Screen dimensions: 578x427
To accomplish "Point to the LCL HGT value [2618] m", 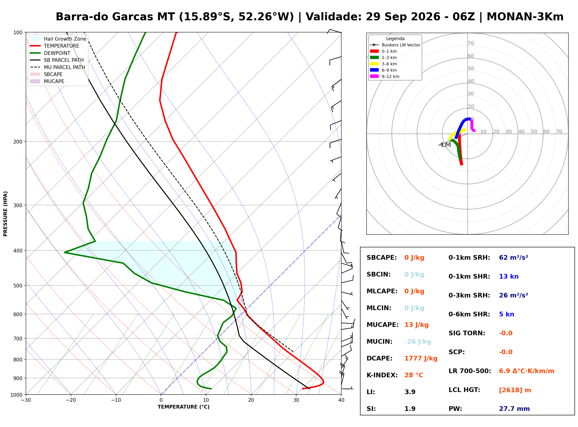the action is click(515, 390).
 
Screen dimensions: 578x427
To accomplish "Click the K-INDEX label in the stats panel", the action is click(382, 375).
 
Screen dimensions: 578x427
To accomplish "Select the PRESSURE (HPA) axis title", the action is click(5, 214).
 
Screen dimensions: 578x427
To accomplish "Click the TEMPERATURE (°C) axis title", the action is click(183, 407).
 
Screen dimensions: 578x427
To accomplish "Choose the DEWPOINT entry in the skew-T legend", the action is click(57, 53).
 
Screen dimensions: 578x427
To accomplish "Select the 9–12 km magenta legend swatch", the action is click(374, 76).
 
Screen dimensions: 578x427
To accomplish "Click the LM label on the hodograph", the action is click(446, 145).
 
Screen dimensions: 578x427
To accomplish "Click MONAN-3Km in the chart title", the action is click(525, 17).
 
